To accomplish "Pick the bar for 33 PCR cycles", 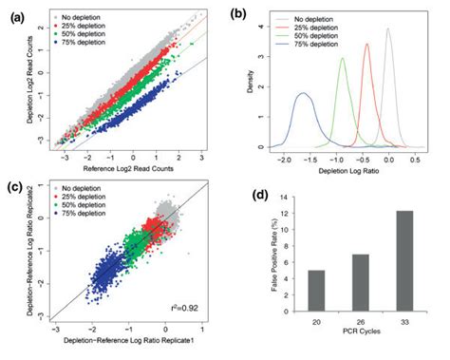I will click(407, 267).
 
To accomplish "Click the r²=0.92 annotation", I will click(203, 310).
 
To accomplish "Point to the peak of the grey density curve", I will click(388, 29).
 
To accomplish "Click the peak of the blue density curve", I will click(302, 93).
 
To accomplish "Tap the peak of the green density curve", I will click(343, 58).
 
